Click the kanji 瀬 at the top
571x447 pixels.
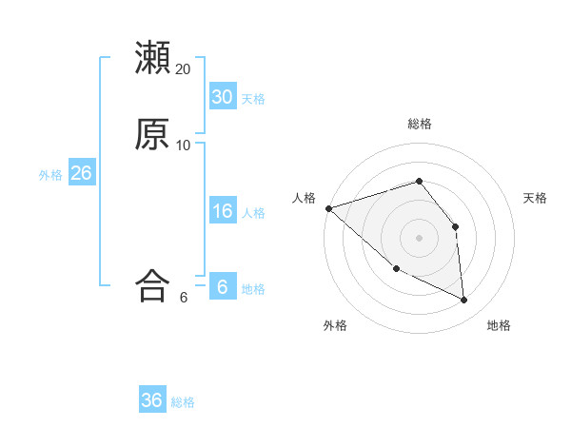tap(152, 57)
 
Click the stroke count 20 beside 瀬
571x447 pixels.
tap(184, 68)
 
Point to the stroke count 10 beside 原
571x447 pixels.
tap(184, 145)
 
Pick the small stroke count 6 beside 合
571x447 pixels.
tap(184, 298)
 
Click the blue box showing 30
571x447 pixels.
tap(223, 97)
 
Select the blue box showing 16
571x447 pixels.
tap(223, 211)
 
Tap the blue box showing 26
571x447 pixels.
tap(81, 173)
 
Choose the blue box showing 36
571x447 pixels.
tap(152, 400)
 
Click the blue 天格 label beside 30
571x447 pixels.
tap(253, 99)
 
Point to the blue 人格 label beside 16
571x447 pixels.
tap(253, 213)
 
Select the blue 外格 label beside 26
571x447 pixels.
tap(50, 175)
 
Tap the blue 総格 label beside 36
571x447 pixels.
tap(183, 402)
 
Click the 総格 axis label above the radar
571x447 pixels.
tap(420, 124)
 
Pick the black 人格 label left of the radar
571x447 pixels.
tap(304, 197)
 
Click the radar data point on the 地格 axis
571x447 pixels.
tap(464, 301)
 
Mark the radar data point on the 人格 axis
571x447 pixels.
tap(328, 208)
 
